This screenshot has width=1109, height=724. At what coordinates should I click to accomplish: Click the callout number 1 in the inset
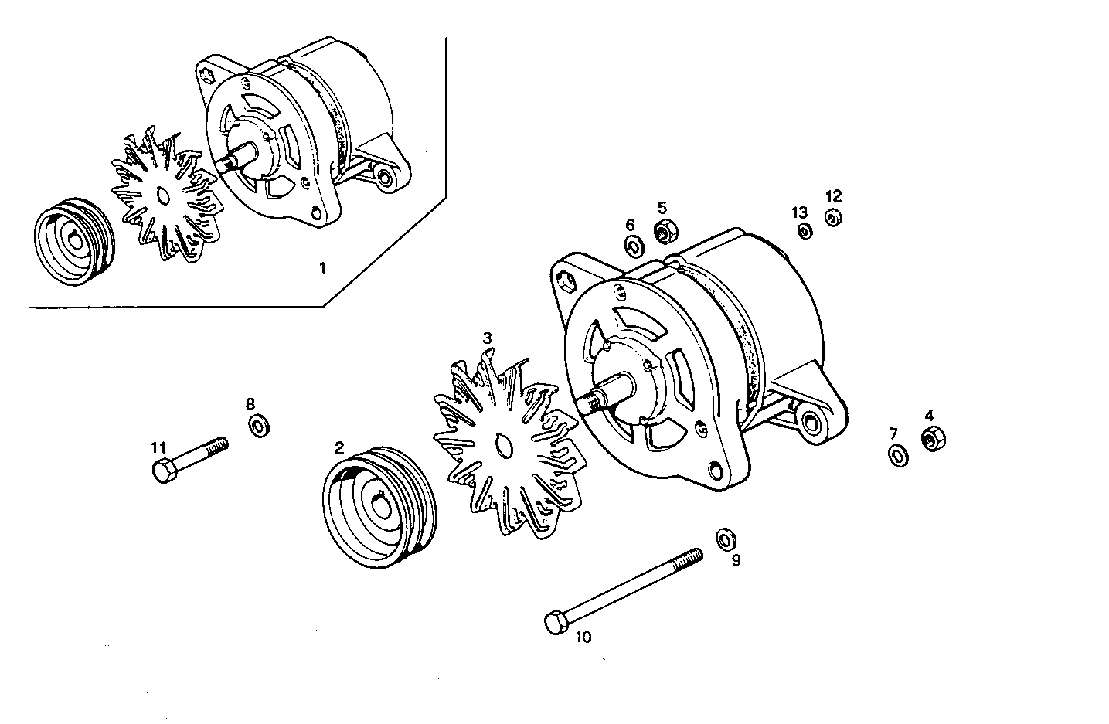click(322, 268)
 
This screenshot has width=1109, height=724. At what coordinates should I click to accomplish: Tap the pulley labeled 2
click(378, 507)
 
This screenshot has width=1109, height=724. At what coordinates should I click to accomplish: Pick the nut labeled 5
click(665, 230)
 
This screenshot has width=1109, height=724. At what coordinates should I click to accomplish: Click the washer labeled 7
click(898, 455)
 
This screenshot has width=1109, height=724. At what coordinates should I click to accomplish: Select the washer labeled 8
click(258, 424)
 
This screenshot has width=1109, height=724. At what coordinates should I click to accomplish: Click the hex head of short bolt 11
click(163, 470)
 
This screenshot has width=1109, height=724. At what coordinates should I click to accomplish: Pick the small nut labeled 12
click(832, 219)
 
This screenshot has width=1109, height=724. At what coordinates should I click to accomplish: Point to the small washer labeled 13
click(805, 231)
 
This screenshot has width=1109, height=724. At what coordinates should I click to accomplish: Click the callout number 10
click(583, 637)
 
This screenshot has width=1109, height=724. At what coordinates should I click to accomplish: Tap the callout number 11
click(158, 447)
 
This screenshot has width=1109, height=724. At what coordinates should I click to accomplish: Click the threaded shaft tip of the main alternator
click(593, 403)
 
